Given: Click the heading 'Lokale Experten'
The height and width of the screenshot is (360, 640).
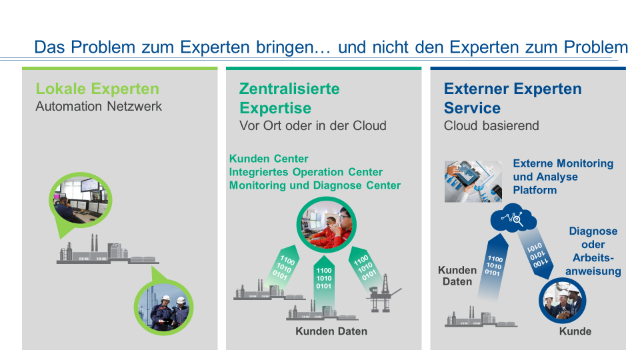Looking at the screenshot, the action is click(x=97, y=89).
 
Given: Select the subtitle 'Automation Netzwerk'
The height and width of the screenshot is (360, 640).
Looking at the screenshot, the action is click(x=99, y=106).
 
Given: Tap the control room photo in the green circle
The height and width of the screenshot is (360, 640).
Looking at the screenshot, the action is click(x=81, y=200).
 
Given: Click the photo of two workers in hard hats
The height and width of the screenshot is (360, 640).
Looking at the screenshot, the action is click(x=164, y=307).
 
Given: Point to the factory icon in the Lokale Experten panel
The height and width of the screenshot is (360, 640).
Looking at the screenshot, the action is click(x=107, y=249).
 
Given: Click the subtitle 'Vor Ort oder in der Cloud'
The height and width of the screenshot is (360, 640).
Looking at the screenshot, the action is click(x=313, y=125).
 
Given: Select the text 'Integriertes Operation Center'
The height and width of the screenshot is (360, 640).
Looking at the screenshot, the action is click(x=306, y=172).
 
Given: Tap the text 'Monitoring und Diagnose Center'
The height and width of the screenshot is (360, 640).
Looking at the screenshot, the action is click(x=315, y=185).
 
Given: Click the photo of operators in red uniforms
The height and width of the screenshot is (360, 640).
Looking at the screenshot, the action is click(x=326, y=225).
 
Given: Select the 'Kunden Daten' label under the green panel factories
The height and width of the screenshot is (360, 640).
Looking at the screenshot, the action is click(x=331, y=331).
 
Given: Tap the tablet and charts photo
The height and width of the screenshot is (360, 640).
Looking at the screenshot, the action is click(x=473, y=181).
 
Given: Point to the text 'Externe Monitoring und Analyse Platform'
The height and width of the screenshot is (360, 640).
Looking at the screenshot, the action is click(x=563, y=177).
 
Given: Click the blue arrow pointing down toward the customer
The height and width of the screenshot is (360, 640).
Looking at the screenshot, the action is click(x=535, y=254).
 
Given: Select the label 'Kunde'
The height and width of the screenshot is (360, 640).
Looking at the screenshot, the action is click(x=575, y=331).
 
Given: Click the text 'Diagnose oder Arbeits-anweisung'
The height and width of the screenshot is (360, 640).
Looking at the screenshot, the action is click(x=593, y=251).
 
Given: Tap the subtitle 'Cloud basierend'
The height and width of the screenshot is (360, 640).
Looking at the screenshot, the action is click(x=491, y=125).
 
